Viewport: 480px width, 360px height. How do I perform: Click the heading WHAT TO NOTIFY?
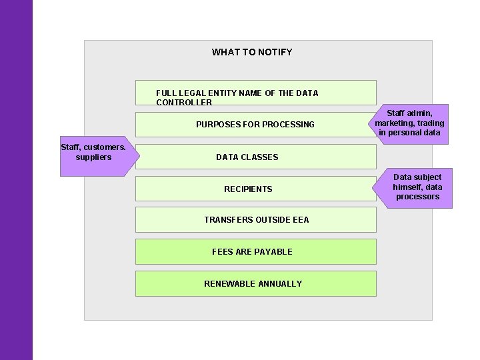point(252,52)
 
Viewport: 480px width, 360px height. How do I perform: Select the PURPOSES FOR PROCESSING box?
point(255,125)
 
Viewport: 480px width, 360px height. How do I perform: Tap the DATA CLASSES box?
point(255,157)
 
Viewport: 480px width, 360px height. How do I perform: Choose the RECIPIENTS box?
point(255,189)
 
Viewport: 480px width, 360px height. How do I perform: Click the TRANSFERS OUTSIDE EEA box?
point(256,220)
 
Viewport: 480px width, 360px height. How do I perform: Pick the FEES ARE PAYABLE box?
point(256,252)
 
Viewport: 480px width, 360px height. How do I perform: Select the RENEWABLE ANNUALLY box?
point(256,284)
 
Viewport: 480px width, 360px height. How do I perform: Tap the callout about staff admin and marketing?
point(409,123)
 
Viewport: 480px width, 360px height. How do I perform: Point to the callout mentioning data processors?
point(417,187)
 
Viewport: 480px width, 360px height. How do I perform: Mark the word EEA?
point(299,220)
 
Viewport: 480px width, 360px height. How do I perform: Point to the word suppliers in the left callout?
point(93,157)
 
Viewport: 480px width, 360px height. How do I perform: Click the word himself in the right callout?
point(408,187)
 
